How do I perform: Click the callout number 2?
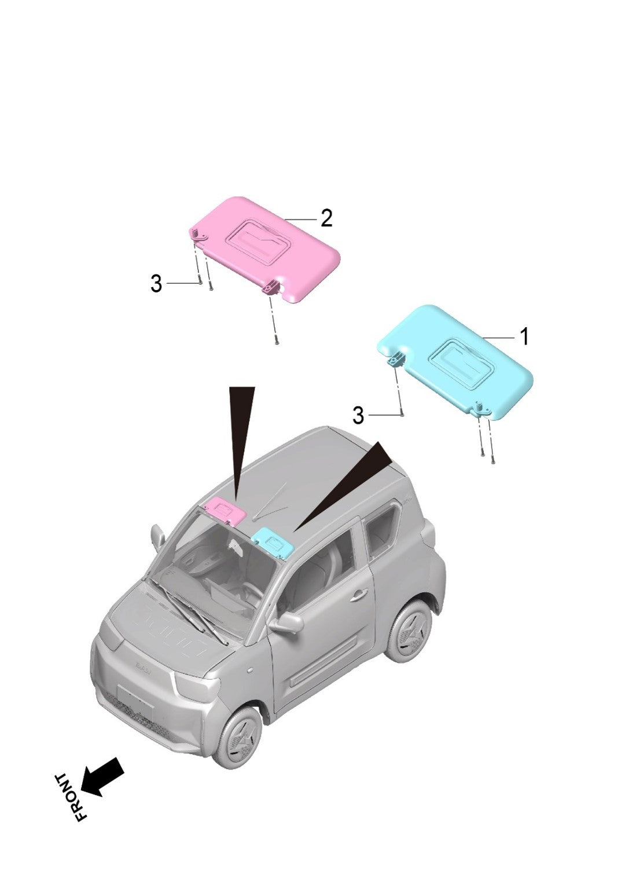click(326, 219)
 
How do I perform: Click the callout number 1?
click(524, 336)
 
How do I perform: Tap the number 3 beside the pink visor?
click(156, 284)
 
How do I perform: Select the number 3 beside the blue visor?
click(358, 415)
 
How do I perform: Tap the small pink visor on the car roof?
click(226, 510)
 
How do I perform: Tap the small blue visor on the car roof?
click(273, 541)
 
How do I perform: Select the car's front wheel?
click(237, 735)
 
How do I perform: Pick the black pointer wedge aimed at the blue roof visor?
click(347, 481)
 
